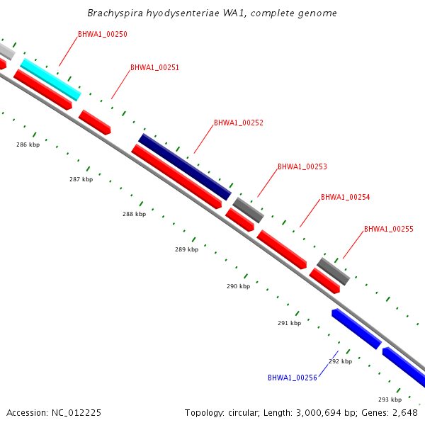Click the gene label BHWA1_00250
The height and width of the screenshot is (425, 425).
103,34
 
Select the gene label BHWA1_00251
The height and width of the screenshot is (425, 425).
154,68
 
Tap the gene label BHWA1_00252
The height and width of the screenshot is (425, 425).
239,123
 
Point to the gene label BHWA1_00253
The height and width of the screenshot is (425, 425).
302,166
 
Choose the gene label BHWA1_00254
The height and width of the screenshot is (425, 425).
346,197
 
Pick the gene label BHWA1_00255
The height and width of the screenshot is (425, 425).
389,229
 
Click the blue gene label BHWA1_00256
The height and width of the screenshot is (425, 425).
293,378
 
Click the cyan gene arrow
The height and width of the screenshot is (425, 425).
50,79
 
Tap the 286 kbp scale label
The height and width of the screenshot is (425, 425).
28,144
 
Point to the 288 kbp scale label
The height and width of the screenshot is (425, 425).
134,214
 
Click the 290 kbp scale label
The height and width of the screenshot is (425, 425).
238,286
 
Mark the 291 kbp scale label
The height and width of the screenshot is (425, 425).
289,323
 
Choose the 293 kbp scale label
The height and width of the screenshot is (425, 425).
390,399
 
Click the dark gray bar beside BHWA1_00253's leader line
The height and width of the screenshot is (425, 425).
248,210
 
